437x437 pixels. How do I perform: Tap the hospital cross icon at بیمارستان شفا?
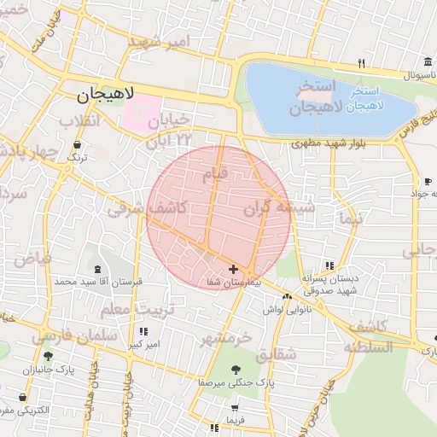click(233, 269)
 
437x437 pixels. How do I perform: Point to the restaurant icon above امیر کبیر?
click(143, 331)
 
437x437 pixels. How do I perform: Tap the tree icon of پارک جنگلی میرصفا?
click(236, 370)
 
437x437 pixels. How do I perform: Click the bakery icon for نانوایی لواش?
click(287, 296)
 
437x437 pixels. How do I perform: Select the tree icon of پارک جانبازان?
click(48, 357)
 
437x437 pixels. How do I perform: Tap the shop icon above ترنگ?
click(78, 146)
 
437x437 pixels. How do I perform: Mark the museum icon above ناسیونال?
click(426, 62)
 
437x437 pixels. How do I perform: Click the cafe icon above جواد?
click(428, 181)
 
